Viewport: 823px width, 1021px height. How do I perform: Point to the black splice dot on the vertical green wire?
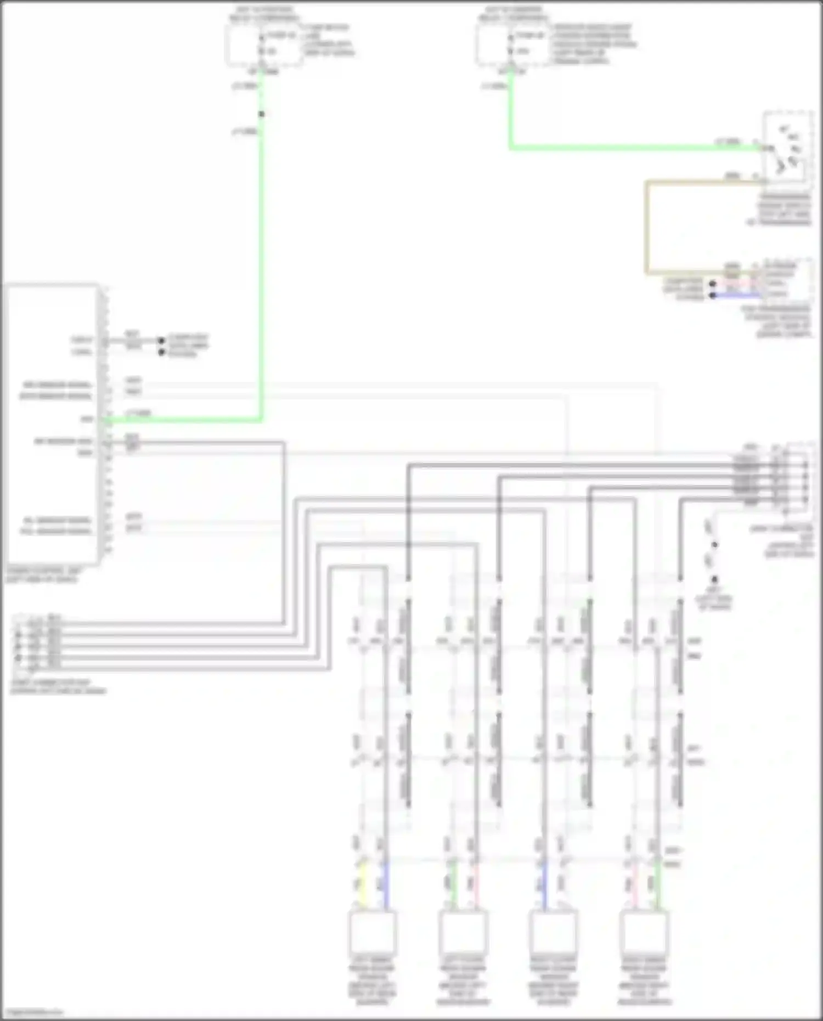(262, 114)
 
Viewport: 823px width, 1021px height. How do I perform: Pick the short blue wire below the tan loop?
(735, 296)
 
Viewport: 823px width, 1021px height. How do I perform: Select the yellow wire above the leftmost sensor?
(362, 883)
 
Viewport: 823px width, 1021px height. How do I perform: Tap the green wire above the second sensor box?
(453, 883)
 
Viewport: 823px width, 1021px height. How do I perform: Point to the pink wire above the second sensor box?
(476, 883)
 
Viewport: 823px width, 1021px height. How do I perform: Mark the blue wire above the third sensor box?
(544, 883)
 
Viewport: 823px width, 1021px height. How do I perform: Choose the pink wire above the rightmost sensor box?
(635, 883)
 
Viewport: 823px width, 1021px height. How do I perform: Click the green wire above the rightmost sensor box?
(658, 883)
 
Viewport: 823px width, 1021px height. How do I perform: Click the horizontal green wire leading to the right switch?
(631, 148)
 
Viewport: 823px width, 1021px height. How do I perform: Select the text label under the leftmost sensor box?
(372, 982)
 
